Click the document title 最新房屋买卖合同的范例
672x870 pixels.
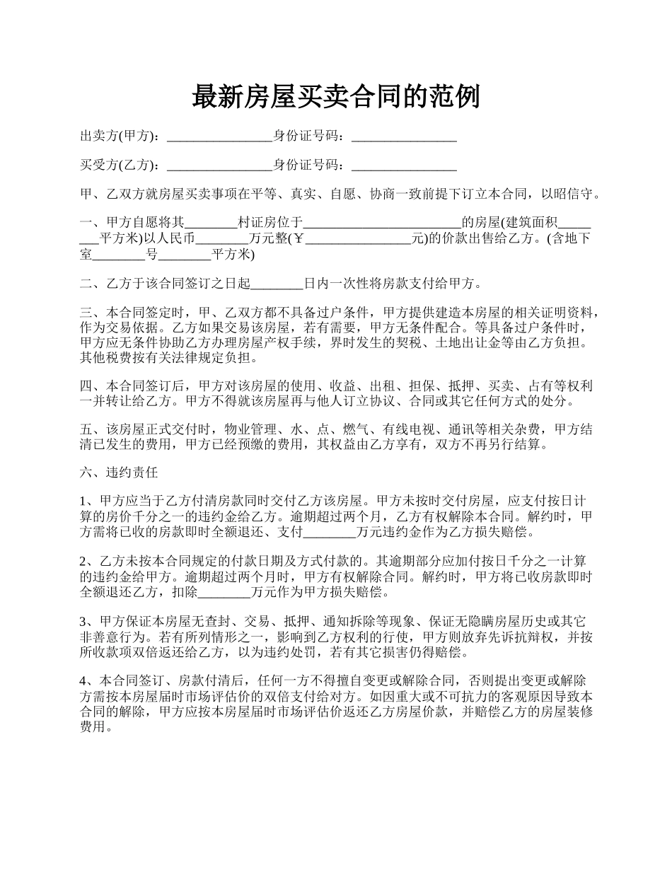point(336,96)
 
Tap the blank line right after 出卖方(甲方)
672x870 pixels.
point(219,137)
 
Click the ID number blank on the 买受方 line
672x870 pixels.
point(404,166)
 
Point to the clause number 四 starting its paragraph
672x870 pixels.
point(86,386)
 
